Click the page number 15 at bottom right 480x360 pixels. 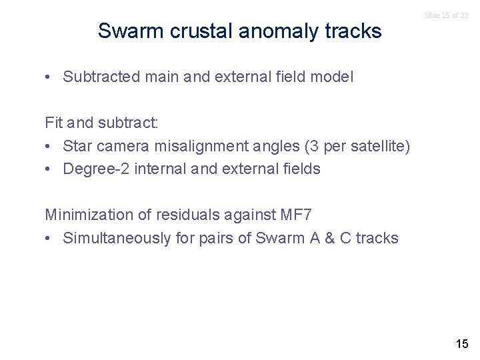pyautogui.click(x=461, y=344)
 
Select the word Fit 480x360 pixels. pyautogui.click(x=54, y=123)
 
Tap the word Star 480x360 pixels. pyautogui.click(x=77, y=146)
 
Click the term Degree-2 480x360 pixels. pyautogui.click(x=96, y=169)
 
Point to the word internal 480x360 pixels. pyautogui.click(x=161, y=169)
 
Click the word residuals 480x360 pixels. pyautogui.click(x=184, y=215)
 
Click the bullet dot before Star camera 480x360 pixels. pyautogui.click(x=49, y=146)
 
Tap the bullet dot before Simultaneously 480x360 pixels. pyautogui.click(x=49, y=238)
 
